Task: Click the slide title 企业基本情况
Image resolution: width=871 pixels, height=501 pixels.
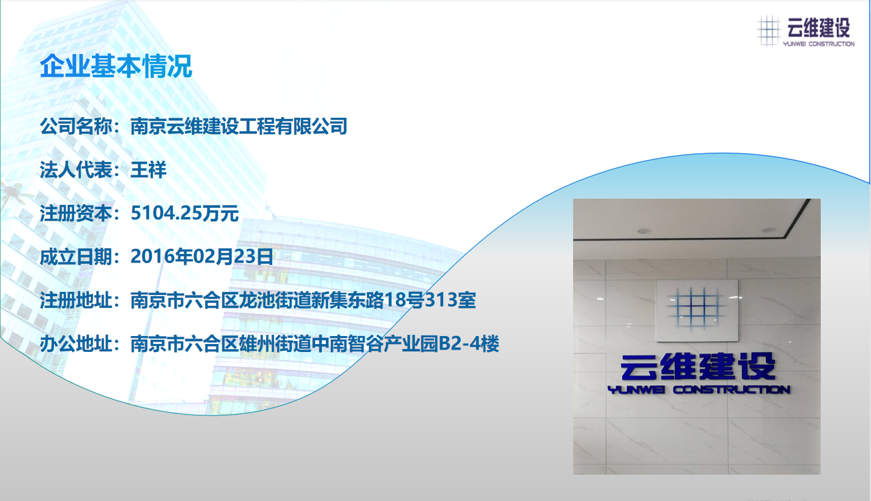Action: pos(116,66)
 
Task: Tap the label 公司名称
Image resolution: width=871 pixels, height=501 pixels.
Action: pos(76,126)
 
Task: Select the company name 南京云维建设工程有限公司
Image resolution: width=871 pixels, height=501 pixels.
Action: pos(239,126)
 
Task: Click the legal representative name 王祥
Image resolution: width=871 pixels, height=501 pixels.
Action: pos(148,170)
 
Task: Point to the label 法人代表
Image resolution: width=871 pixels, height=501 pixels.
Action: pos(76,170)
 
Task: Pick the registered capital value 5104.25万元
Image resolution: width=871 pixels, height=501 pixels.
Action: pos(184,213)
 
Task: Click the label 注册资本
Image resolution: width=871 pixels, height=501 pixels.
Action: pos(76,213)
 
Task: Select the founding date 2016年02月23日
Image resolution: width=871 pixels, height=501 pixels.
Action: pos(202,257)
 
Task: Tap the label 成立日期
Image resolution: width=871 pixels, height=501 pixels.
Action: pos(76,257)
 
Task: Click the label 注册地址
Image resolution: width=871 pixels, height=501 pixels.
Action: pos(76,300)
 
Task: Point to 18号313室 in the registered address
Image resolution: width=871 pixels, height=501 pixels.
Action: pos(430,300)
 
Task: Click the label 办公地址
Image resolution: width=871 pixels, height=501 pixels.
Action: pos(76,344)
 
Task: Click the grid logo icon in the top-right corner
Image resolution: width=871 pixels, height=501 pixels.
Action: pos(769,31)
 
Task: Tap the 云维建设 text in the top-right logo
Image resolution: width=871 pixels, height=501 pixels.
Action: pos(818,28)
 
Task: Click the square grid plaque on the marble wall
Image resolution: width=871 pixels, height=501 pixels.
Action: pos(697,310)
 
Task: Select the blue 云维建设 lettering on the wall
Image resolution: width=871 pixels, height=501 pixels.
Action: pos(698,367)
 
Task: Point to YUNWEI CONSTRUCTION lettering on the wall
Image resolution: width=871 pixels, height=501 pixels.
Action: pos(699,389)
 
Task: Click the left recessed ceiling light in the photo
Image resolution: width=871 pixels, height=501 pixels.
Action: pos(644,231)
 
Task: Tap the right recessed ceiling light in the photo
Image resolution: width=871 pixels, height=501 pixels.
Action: pos(769,230)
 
